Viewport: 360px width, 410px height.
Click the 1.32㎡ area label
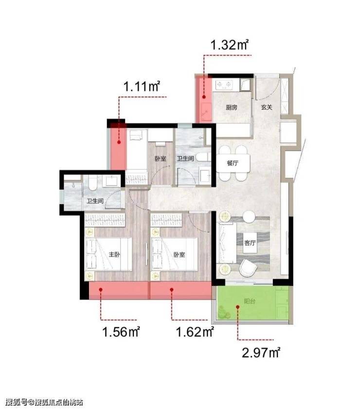pos(229,45)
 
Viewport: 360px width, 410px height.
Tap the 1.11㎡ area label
pos(141,86)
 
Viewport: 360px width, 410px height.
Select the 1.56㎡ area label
pos(121,332)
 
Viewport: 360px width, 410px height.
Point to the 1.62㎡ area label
pos(195,332)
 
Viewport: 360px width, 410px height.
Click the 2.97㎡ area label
pos(261,353)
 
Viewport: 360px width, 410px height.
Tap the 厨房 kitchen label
pos(232,107)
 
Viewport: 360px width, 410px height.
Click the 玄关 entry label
pos(267,107)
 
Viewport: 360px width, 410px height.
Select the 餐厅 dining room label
pos(233,163)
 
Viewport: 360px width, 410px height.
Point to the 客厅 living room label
pos(250,243)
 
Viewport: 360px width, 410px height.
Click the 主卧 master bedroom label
pos(114,254)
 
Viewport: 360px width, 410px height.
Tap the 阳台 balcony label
pos(250,301)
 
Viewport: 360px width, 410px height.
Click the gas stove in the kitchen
pos(224,85)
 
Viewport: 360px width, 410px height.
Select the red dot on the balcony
pos(237,307)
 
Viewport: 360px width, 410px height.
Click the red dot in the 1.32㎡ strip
pos(204,97)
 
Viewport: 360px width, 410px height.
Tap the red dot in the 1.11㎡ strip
pos(119,143)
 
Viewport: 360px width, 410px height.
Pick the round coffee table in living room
pos(249,217)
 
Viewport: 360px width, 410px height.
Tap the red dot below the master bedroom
pos(101,290)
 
